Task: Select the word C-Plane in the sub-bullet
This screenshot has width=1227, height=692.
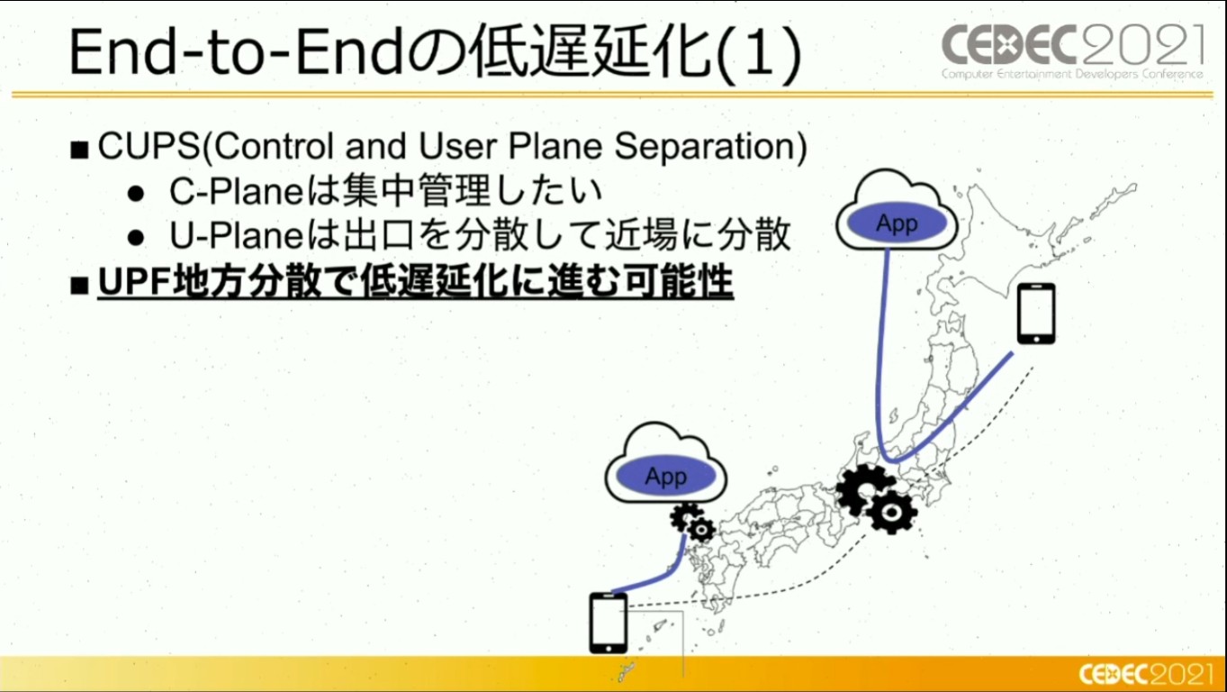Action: [236, 191]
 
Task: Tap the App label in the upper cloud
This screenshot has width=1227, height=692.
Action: [897, 223]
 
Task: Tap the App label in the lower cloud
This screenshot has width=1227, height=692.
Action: [665, 476]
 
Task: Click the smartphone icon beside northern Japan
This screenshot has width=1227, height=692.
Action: [1036, 314]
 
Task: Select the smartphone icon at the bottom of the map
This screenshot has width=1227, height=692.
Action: [608, 623]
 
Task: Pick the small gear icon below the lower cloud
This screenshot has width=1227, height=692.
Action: [692, 524]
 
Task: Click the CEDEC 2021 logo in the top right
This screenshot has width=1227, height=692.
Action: [1072, 51]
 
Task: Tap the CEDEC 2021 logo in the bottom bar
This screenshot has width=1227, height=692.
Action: [1145, 674]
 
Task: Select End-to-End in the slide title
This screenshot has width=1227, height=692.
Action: [237, 52]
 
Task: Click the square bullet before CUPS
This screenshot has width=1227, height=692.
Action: [79, 150]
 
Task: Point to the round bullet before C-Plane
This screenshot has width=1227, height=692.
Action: [135, 194]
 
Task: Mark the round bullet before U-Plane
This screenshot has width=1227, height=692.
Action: [135, 238]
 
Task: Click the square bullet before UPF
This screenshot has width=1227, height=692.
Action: [79, 285]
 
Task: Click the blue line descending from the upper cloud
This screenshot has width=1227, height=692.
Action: [880, 357]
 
